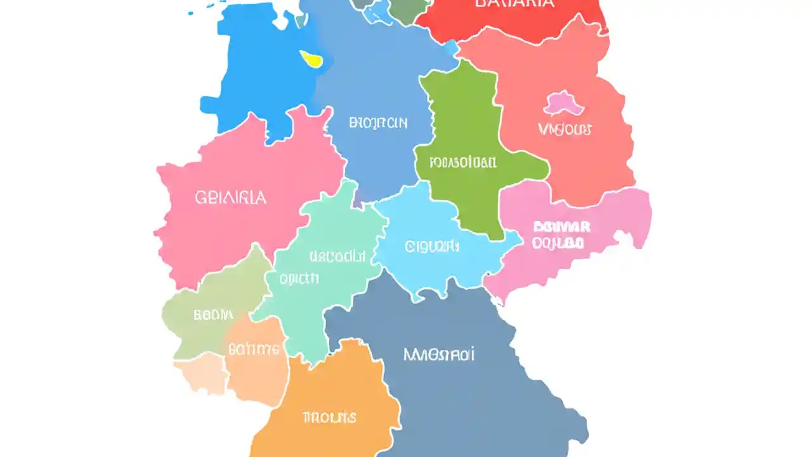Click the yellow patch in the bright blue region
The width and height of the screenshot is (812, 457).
pyautogui.click(x=312, y=59)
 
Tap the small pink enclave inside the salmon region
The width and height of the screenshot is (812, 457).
pyautogui.click(x=563, y=103)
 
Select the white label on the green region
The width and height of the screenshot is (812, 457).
pyautogui.click(x=462, y=162)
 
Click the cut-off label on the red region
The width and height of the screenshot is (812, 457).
pyautogui.click(x=514, y=3)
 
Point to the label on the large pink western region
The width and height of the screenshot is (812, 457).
pyautogui.click(x=230, y=197)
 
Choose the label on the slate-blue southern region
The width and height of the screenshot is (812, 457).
pyautogui.click(x=439, y=354)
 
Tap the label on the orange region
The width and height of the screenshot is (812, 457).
pyautogui.click(x=329, y=417)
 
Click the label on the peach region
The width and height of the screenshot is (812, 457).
pyautogui.click(x=254, y=348)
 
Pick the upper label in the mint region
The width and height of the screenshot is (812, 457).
pyautogui.click(x=337, y=256)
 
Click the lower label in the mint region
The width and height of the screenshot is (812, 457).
pyautogui.click(x=299, y=278)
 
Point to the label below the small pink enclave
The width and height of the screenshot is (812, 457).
pyautogui.click(x=565, y=129)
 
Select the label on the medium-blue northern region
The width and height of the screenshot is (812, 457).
pyautogui.click(x=378, y=123)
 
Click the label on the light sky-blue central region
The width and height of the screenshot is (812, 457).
pyautogui.click(x=431, y=246)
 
